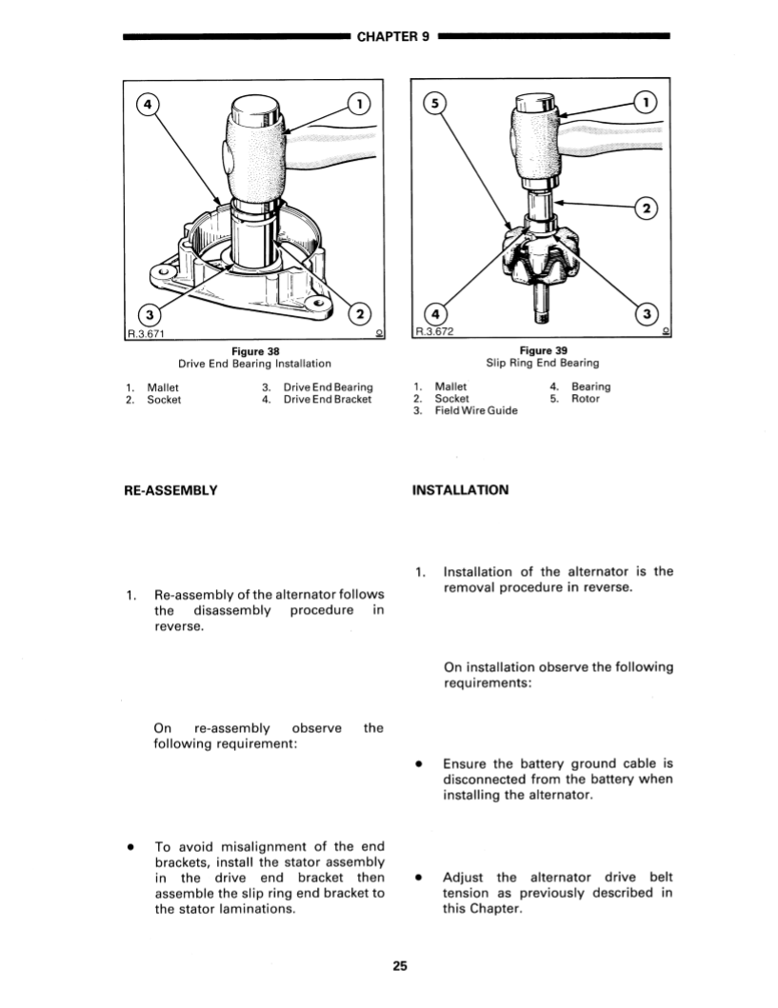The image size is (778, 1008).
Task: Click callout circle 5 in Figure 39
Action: coord(434,102)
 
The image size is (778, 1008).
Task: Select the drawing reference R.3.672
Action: coord(434,332)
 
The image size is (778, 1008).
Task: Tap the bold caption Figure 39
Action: coord(542,350)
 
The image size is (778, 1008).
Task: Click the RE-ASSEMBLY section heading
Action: coord(170,490)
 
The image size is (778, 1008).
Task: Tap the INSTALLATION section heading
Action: coord(461,490)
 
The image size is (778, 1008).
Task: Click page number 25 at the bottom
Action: coord(399,966)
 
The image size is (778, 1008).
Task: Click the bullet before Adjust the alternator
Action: coord(418,878)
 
